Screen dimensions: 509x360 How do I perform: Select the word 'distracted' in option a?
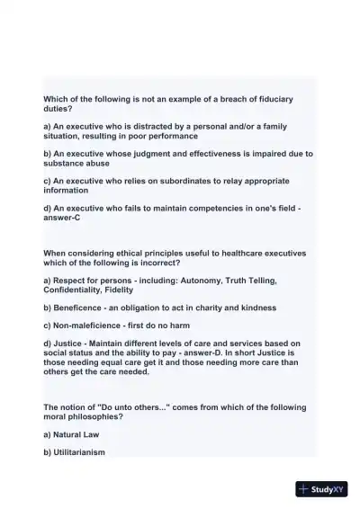pos(154,127)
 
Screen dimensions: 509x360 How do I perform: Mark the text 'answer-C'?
pos(63,218)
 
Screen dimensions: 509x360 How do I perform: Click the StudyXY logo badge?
pos(321,489)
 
